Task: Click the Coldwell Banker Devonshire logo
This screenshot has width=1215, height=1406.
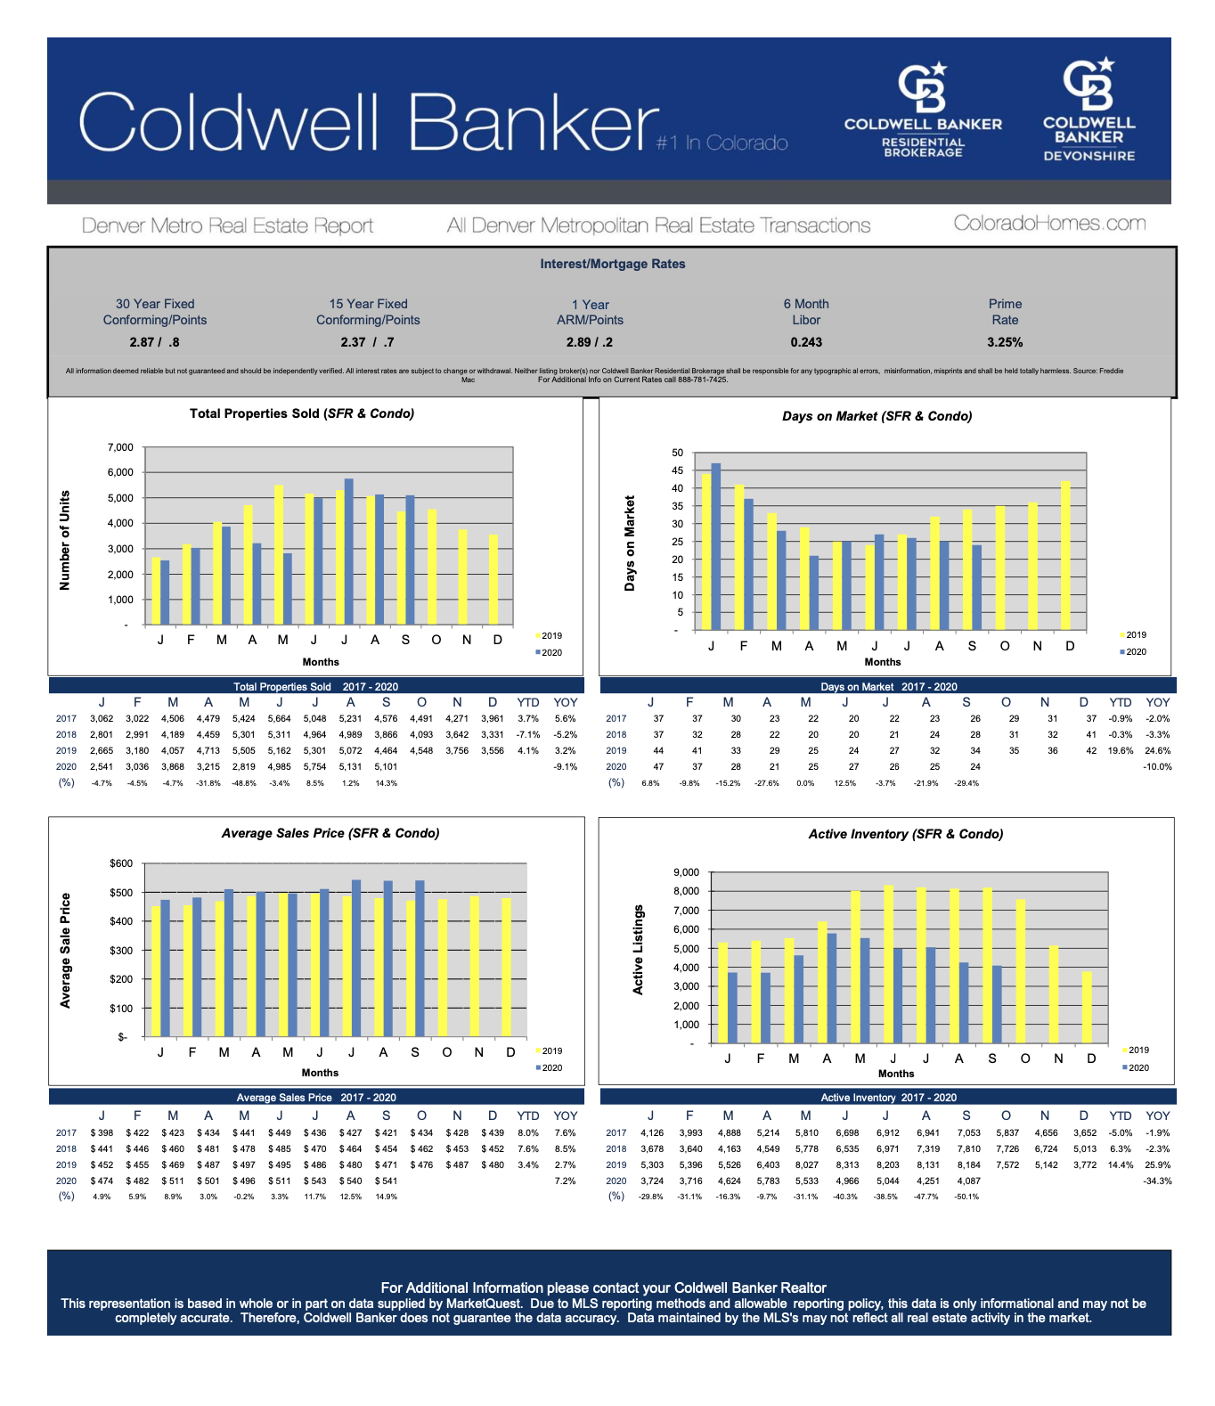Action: click(1089, 110)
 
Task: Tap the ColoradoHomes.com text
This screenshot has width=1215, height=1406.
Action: click(1049, 224)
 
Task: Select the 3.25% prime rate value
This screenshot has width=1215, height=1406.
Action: click(1005, 342)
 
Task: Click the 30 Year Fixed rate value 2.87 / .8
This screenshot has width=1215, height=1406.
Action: click(154, 342)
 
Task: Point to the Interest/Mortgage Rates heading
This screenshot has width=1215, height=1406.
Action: click(612, 264)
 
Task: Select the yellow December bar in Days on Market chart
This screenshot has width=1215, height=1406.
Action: click(1065, 555)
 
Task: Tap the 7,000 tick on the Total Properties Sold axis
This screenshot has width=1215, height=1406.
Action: click(120, 447)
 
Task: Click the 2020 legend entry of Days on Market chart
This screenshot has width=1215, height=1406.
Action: click(1133, 652)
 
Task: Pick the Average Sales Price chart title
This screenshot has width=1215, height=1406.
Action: click(330, 833)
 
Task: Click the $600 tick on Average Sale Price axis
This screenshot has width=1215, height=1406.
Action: click(121, 863)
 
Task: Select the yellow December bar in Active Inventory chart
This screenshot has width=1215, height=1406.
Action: click(1087, 1007)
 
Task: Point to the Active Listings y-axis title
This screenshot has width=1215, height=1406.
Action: click(638, 949)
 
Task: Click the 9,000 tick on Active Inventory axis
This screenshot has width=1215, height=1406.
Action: click(687, 872)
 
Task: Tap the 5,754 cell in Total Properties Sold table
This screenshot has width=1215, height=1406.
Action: click(314, 766)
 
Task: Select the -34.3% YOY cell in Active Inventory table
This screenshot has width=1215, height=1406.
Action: click(1157, 1181)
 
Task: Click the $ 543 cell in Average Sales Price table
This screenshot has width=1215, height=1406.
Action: click(314, 1181)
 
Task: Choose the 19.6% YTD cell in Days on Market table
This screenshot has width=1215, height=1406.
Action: click(1120, 750)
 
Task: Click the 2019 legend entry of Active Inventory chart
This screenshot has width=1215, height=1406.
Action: click(1136, 1050)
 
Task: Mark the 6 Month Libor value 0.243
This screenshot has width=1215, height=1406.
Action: click(806, 342)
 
